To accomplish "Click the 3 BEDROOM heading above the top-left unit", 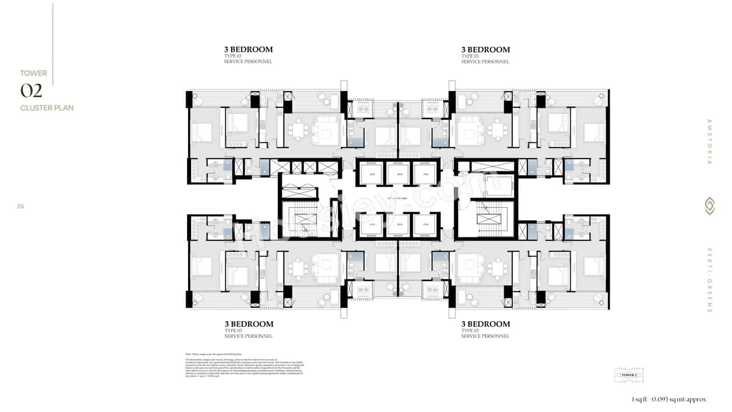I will coord(248,50).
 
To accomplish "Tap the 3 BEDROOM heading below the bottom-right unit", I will coord(486,324).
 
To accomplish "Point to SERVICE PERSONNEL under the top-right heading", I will coord(485,62).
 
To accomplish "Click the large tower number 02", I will coord(31,91).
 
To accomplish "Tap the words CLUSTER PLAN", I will coord(47,108).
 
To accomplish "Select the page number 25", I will coord(21,207).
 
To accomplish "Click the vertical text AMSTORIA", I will coord(709,142).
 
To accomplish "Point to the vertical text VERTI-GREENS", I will coord(709,281).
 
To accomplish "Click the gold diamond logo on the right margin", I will coord(709,206).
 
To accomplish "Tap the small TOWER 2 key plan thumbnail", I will coord(628,375).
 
